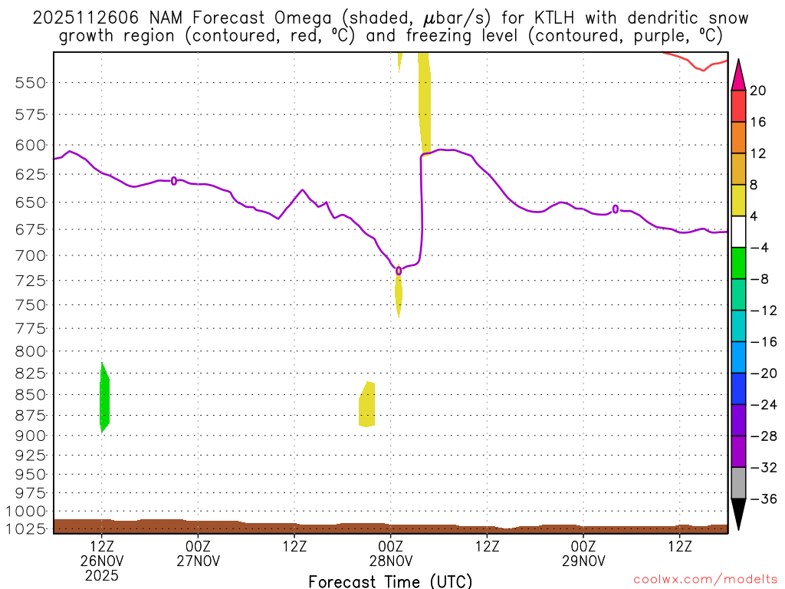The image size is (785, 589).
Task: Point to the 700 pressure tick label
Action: (31, 255)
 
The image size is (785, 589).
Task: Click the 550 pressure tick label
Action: (31, 83)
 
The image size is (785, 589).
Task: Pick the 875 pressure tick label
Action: (31, 416)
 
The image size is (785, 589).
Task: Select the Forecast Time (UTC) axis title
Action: (390, 581)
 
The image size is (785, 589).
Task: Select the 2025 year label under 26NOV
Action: (102, 574)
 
